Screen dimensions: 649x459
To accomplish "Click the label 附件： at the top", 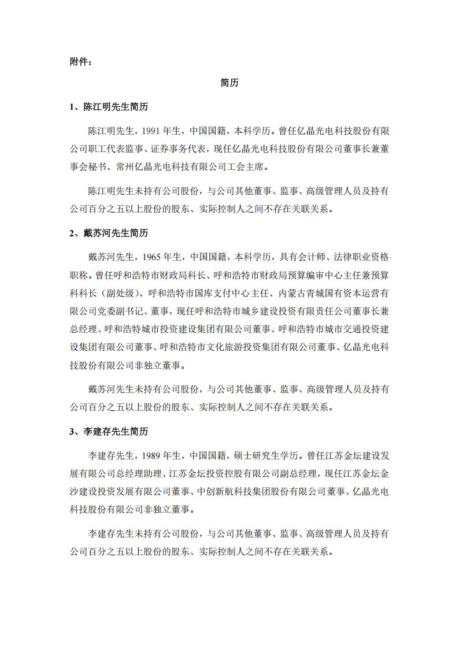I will [x=80, y=62].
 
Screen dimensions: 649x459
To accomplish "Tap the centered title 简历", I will [x=229, y=83].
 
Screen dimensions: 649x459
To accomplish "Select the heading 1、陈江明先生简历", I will [x=109, y=107].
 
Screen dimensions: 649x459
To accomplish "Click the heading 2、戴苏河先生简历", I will [x=109, y=233].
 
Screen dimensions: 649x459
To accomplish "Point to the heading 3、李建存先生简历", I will [x=109, y=432].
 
